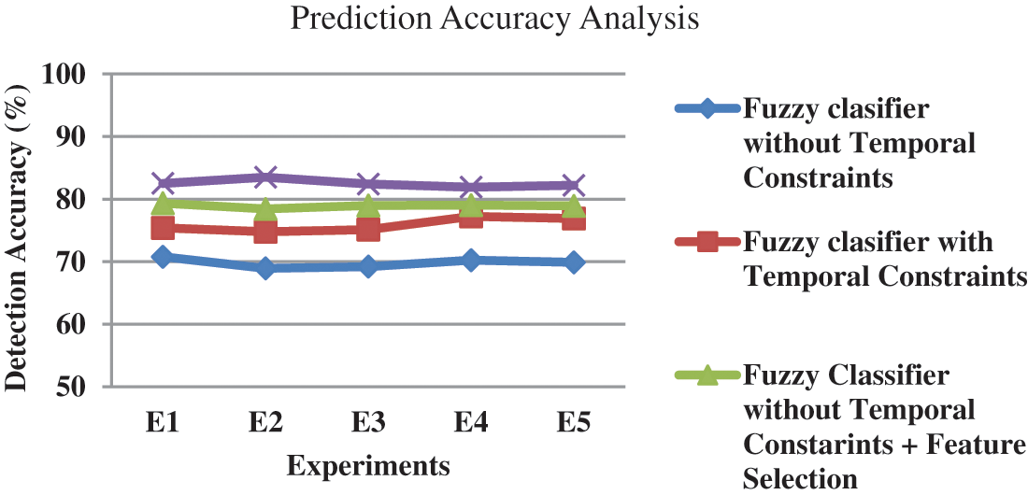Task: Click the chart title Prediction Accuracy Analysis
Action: (x=494, y=20)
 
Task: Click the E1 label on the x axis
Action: (x=163, y=423)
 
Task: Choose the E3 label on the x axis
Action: (x=368, y=423)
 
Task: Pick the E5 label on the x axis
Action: (x=573, y=423)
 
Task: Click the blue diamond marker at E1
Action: (x=163, y=257)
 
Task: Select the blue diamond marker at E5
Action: (x=573, y=262)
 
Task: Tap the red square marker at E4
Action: (x=470, y=217)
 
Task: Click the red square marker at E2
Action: (x=265, y=231)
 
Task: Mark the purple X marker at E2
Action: (x=265, y=177)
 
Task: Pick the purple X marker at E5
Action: (x=573, y=185)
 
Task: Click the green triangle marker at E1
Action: (x=163, y=203)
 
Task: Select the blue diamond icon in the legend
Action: (x=707, y=108)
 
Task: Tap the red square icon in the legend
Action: (x=707, y=242)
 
